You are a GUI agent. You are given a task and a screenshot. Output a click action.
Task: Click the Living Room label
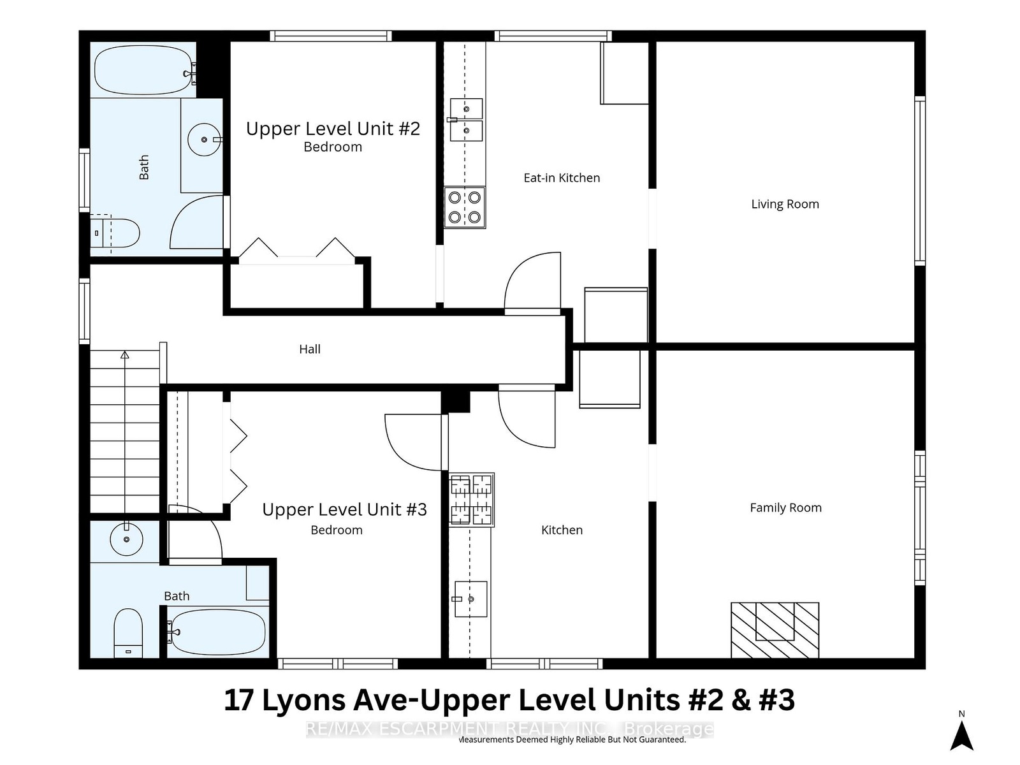click(785, 205)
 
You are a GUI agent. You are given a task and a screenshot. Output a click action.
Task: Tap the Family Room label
click(786, 507)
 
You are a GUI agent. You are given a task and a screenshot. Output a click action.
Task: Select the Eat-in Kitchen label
click(562, 178)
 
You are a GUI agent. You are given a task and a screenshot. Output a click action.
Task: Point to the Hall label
click(310, 349)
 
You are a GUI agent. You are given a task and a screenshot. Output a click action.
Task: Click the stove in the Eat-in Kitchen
click(465, 208)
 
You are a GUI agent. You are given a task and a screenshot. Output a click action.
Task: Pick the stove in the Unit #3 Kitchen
click(471, 500)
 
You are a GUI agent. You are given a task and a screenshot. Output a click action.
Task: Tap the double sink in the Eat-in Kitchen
click(466, 120)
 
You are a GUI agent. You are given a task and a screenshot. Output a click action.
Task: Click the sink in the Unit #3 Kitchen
click(470, 599)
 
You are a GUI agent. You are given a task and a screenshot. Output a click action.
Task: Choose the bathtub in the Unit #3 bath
click(216, 632)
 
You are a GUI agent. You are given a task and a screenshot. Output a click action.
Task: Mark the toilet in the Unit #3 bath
click(128, 633)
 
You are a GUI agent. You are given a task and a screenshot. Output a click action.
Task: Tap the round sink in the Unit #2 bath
click(205, 140)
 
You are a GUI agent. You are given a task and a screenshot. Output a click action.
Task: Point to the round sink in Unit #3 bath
click(126, 539)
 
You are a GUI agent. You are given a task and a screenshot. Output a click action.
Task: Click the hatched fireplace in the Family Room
click(775, 630)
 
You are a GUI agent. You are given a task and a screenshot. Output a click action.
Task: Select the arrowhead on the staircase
click(124, 355)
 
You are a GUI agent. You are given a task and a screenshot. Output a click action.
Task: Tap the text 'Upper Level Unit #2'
click(333, 129)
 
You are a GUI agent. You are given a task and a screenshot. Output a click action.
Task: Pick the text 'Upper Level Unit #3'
click(344, 509)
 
